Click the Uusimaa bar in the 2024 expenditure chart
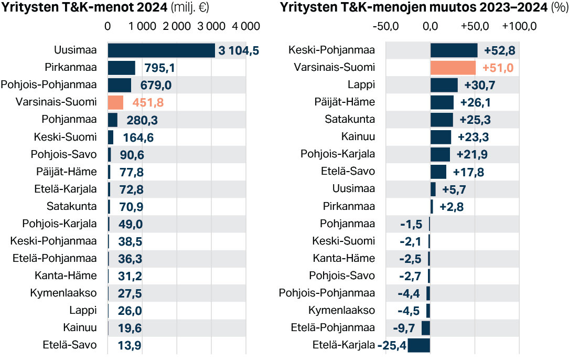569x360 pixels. (x=161, y=50)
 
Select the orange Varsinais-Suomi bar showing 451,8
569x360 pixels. (x=115, y=102)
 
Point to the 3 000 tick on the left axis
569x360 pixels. (x=211, y=27)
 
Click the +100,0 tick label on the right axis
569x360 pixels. (x=519, y=27)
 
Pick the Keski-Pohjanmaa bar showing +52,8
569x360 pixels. (x=454, y=50)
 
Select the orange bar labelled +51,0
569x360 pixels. (x=453, y=68)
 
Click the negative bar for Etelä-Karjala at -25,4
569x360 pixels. (x=418, y=345)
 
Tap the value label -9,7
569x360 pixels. (x=404, y=329)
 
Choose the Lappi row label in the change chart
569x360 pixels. (x=361, y=84)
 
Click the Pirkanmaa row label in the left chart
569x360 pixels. (x=71, y=67)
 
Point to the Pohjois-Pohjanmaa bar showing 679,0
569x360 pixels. (x=120, y=85)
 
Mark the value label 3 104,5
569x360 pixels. (x=239, y=51)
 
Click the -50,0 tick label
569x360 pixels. (x=385, y=27)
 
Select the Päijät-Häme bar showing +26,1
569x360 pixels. (x=442, y=102)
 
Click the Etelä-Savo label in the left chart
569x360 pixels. (x=70, y=345)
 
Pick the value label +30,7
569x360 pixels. (x=477, y=85)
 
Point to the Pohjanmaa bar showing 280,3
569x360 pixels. (x=113, y=120)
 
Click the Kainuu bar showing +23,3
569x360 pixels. (x=441, y=137)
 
